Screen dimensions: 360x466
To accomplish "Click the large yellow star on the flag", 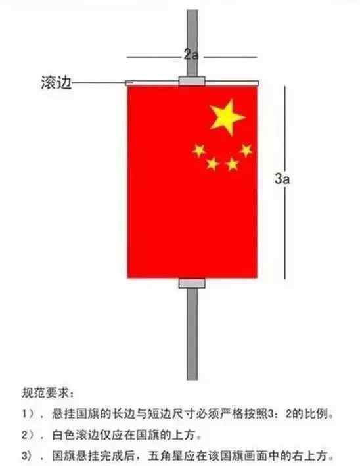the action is click(x=227, y=117).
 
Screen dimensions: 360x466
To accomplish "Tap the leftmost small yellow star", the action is click(x=198, y=151).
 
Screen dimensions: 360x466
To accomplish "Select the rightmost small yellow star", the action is click(x=246, y=150).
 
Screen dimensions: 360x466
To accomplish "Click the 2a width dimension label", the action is click(x=191, y=55).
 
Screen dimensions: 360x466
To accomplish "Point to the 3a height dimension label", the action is click(x=282, y=179).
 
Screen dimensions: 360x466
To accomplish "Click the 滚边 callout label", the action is click(x=56, y=82).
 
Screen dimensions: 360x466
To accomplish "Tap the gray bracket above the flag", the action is click(x=192, y=81).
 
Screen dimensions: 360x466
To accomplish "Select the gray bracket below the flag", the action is click(x=192, y=283).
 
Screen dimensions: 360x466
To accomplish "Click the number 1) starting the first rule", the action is click(x=28, y=413).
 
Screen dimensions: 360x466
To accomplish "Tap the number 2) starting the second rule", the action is click(x=28, y=435).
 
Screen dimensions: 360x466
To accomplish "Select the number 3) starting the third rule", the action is click(x=28, y=455).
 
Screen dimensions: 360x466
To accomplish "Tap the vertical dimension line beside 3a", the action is click(x=285, y=183).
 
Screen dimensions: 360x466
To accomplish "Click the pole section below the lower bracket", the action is click(x=192, y=334).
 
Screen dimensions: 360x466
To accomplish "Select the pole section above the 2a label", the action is click(x=192, y=29).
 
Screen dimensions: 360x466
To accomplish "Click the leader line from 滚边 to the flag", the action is click(x=99, y=83).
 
